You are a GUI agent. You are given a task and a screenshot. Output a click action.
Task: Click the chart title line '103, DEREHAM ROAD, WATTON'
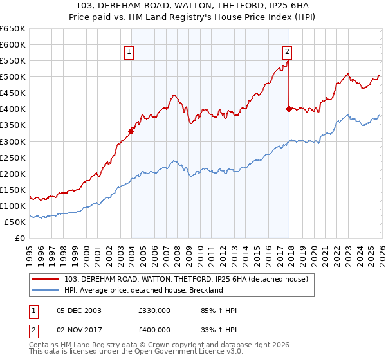tap(193, 6)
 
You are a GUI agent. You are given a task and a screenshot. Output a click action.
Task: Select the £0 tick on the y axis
tap(21, 239)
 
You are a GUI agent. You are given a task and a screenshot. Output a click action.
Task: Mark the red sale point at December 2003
tap(131, 131)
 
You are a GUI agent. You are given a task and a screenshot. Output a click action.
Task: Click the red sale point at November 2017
tap(289, 109)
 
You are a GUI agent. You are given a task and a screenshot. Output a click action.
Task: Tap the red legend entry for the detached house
tap(187, 279)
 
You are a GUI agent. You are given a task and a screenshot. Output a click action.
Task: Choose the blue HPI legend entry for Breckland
tap(143, 290)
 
